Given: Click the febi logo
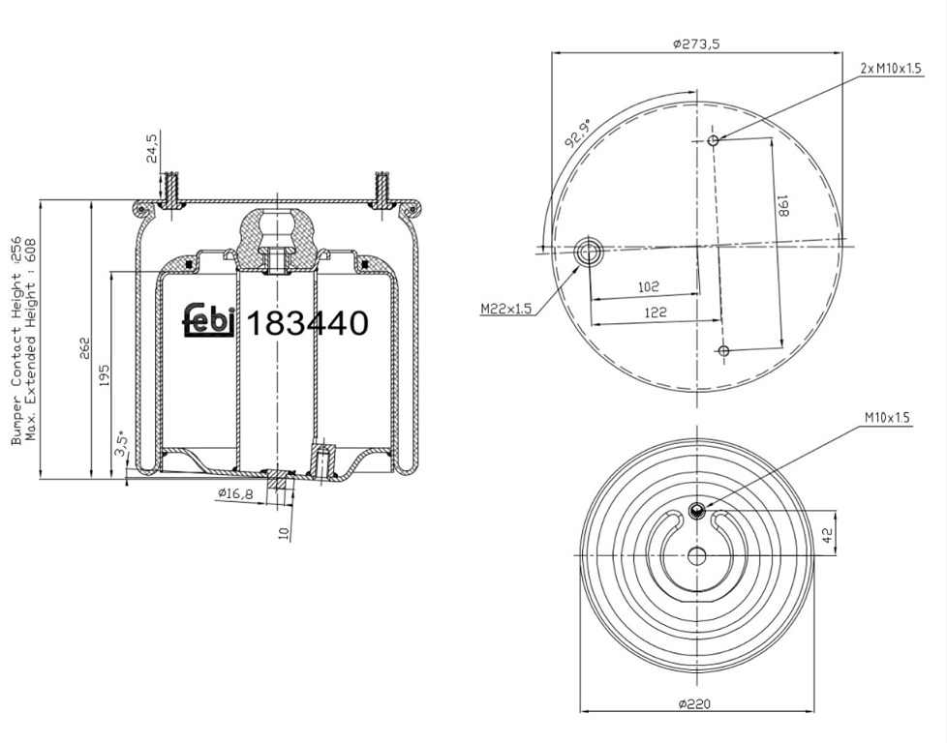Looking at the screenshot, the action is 209,319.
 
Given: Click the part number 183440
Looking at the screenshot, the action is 308,323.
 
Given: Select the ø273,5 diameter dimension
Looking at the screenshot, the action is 696,44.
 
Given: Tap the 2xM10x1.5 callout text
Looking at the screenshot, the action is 892,68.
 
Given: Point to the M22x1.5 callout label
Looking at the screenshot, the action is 506,309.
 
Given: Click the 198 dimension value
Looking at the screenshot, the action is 782,206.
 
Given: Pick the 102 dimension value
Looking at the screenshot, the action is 649,286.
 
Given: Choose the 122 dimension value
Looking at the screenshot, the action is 656,312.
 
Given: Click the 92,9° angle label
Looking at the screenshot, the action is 577,134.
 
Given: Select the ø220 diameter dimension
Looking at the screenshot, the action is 694,703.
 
